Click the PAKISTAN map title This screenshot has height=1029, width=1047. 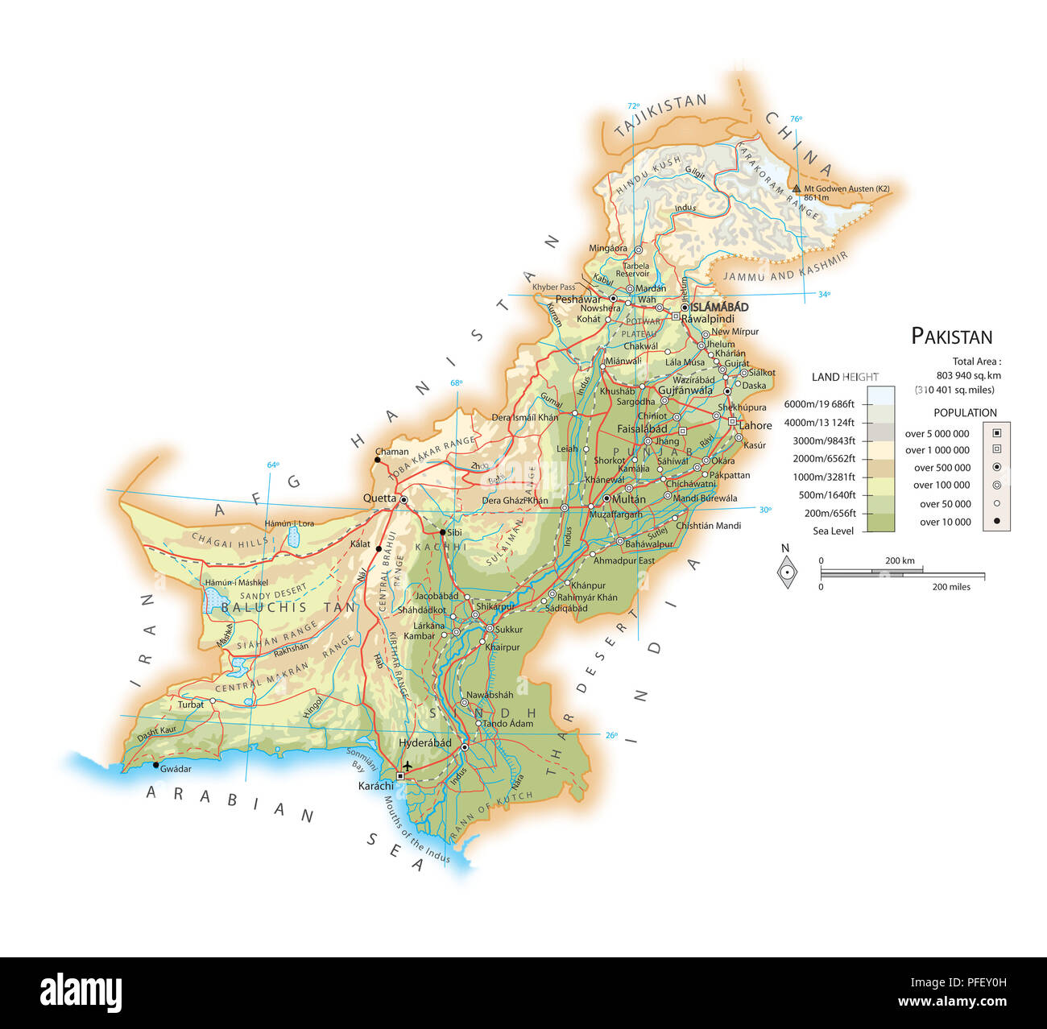pyautogui.click(x=951, y=337)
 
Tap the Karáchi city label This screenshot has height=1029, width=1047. pyautogui.click(x=376, y=786)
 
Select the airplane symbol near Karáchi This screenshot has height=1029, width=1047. pyautogui.click(x=408, y=766)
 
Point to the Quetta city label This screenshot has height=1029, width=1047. pyautogui.click(x=379, y=498)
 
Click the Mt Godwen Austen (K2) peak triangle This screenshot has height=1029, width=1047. pyautogui.click(x=797, y=189)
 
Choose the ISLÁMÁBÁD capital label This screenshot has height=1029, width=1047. pyautogui.click(x=719, y=307)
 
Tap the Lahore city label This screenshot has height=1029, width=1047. pyautogui.click(x=755, y=425)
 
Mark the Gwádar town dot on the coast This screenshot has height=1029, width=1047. pyautogui.click(x=156, y=765)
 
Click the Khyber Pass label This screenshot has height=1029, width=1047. pyautogui.click(x=553, y=287)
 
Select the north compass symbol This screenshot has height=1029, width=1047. pyautogui.click(x=786, y=572)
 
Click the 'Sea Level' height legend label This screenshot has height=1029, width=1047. pyautogui.click(x=833, y=531)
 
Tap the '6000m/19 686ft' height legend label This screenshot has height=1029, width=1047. pyautogui.click(x=819, y=404)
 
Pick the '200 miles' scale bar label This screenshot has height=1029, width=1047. pyautogui.click(x=951, y=587)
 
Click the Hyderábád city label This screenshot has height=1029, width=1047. pyautogui.click(x=425, y=743)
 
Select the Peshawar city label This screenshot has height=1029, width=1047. pyautogui.click(x=577, y=300)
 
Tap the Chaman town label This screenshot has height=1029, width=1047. pyautogui.click(x=392, y=452)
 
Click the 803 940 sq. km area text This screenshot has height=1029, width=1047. pyautogui.click(x=968, y=375)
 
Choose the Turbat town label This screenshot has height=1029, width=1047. pyautogui.click(x=191, y=705)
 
